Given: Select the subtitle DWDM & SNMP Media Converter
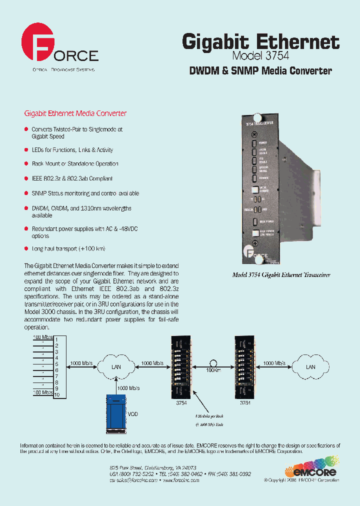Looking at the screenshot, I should pos(260,71).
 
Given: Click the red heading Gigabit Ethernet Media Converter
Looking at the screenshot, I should pos(75,113).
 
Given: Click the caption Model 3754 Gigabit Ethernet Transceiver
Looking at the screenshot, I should pos(281,275).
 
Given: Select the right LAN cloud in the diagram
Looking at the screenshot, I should pos(310,366).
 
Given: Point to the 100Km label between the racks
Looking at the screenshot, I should pos(213,370).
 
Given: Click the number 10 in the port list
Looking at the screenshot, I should pos(57,394).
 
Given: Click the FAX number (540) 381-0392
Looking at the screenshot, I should pos(236,474).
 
